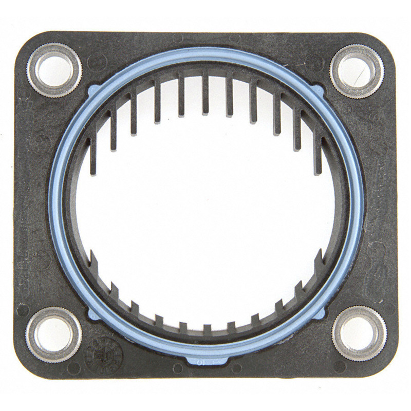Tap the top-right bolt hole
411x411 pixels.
(x=356, y=71)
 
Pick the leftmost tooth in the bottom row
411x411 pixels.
(x=94, y=262)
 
